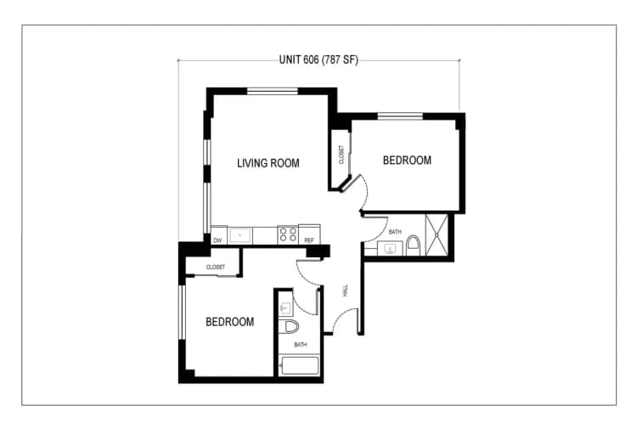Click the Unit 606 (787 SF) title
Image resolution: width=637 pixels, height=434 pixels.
tap(318, 59)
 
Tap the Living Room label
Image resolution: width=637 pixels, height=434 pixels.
tap(268, 163)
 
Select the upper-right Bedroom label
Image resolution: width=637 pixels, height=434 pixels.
tap(407, 160)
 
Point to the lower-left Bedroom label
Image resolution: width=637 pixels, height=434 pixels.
tap(230, 322)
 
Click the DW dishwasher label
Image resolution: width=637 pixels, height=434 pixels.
tap(217, 240)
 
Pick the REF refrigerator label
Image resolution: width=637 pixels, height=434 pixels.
tap(309, 240)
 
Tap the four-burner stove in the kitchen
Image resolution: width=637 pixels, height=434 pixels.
tap(287, 234)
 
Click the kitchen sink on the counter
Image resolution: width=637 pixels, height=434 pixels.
tap(241, 234)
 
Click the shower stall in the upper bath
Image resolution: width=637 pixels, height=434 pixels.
tap(438, 234)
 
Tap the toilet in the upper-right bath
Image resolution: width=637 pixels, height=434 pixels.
tap(413, 246)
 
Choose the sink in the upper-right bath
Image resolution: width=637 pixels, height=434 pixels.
tap(391, 248)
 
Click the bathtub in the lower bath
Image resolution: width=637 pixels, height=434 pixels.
tap(298, 366)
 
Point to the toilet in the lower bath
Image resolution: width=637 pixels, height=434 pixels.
tap(290, 327)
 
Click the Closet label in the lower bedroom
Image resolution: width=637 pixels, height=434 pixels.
tap(215, 267)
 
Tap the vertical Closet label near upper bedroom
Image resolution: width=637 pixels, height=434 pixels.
tap(341, 155)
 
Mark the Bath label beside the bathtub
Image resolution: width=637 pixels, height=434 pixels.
tap(301, 345)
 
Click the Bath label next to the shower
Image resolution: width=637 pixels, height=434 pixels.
tap(395, 231)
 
